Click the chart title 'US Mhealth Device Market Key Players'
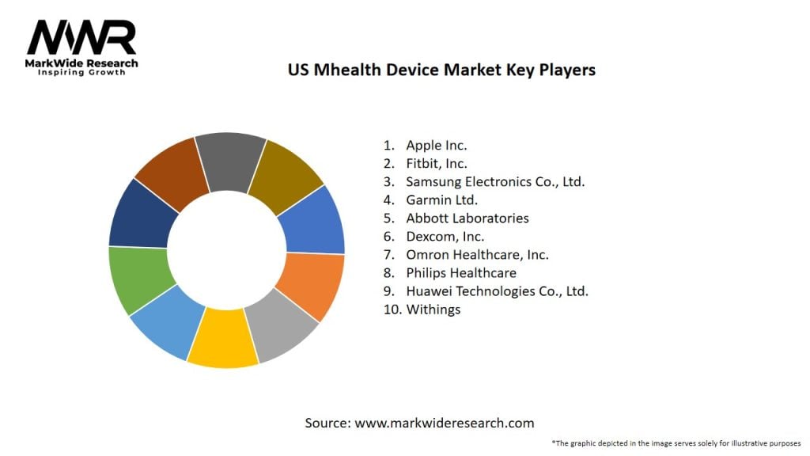441,70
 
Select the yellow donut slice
223,339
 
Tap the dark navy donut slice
140,214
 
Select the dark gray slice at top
229,160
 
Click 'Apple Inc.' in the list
436,145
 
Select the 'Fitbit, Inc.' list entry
436,163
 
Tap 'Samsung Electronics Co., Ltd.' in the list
495,181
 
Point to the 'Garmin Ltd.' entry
441,199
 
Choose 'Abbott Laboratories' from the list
467,218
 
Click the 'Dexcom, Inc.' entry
445,236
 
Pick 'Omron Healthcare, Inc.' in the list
477,254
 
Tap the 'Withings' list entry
433,309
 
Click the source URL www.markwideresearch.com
444,423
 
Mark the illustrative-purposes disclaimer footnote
676,443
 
